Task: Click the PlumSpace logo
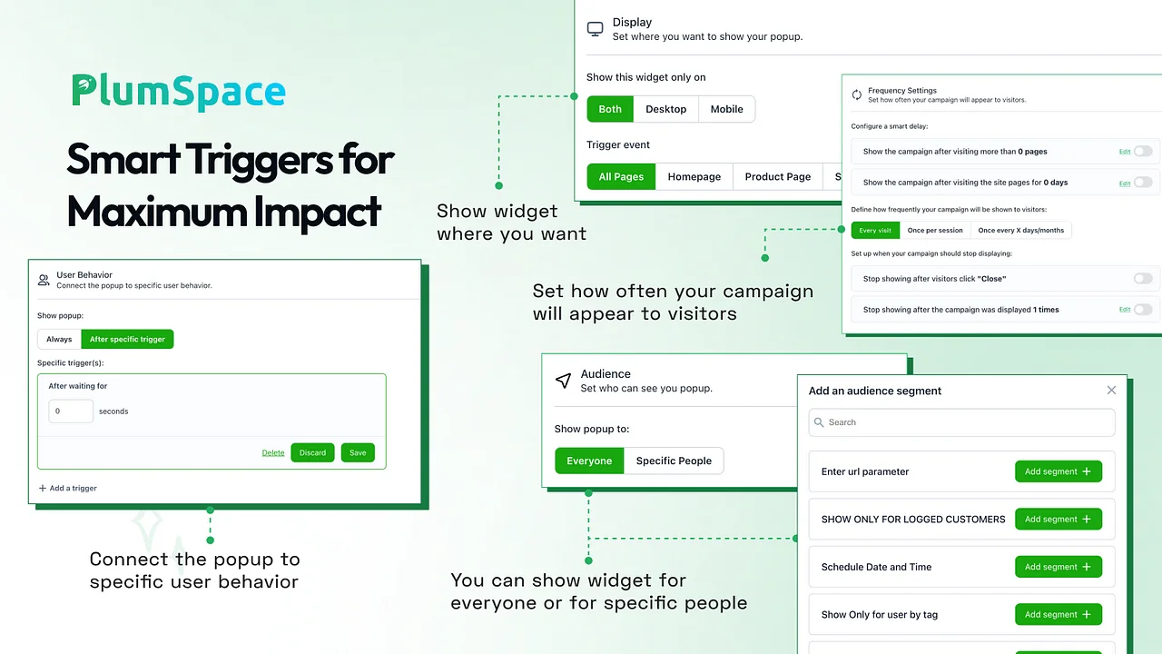(179, 92)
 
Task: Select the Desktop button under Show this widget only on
(665, 109)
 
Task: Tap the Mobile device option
(726, 109)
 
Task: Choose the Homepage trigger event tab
(694, 176)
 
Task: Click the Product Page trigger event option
(778, 176)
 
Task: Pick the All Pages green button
(621, 176)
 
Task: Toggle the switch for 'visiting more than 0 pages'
(1143, 151)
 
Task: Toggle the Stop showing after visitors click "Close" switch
(1143, 278)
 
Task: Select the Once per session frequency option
(935, 230)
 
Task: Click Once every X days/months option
(1020, 230)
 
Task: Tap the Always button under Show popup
(59, 339)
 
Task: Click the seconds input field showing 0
(71, 411)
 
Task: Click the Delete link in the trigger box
(273, 452)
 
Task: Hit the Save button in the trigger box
(358, 452)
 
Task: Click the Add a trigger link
(68, 488)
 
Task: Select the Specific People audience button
(674, 461)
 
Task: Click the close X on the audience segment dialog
(1111, 390)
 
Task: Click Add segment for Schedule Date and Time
(1059, 567)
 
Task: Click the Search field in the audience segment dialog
(961, 422)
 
